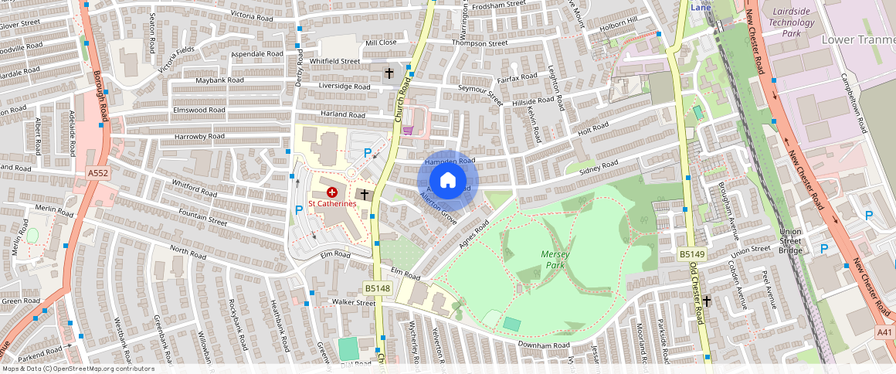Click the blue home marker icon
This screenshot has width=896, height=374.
(448, 181)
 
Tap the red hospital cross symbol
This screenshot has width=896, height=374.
(332, 191)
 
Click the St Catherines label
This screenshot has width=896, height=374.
(332, 203)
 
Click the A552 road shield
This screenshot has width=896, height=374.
(98, 174)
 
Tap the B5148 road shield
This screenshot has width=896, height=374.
(378, 288)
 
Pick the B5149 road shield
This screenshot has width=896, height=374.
(691, 254)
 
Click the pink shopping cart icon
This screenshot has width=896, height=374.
(408, 129)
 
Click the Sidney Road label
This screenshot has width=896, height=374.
(599, 166)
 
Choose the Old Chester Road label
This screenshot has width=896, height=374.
(698, 293)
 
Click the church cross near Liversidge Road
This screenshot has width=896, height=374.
(389, 73)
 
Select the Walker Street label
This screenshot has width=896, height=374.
(353, 302)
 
